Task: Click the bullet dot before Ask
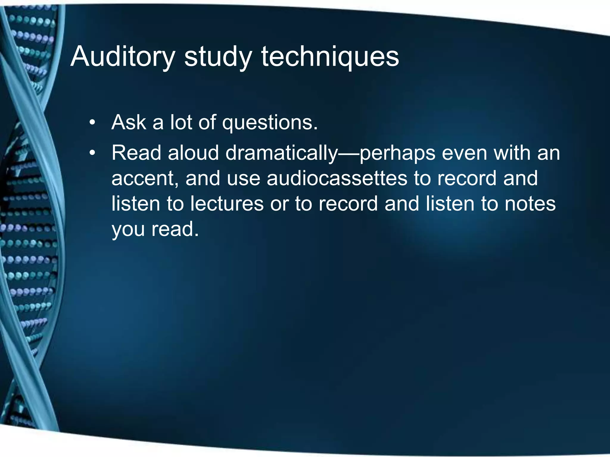click(x=93, y=123)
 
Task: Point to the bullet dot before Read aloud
click(x=93, y=153)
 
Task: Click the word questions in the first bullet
click(x=270, y=123)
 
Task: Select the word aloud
click(x=193, y=153)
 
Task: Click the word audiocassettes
click(x=337, y=178)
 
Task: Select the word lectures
click(x=227, y=204)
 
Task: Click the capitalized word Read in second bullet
click(x=136, y=153)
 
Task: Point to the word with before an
click(x=512, y=153)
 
